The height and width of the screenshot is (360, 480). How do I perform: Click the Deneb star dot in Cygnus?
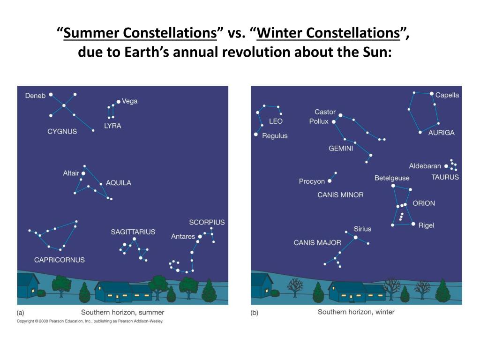tap(51, 95)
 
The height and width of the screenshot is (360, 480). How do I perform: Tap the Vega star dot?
tap(118, 101)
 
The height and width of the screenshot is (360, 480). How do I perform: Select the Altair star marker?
tap(83, 173)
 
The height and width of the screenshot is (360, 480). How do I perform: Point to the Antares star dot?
tap(199, 237)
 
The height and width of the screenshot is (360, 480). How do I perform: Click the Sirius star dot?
tap(355, 238)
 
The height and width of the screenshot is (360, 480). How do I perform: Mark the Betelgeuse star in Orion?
tap(393, 186)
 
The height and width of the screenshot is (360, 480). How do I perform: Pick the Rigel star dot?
tap(413, 224)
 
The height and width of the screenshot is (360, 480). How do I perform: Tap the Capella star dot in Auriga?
tap(432, 94)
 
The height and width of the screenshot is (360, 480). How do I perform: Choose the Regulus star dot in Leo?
tap(255, 135)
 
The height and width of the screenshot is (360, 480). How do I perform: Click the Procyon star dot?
tap(330, 181)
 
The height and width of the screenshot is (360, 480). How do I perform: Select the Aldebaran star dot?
tap(446, 166)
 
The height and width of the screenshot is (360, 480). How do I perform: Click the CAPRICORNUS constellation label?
tap(60, 260)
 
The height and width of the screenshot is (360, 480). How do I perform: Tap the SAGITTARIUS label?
tap(133, 232)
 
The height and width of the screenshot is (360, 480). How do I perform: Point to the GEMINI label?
tap(341, 149)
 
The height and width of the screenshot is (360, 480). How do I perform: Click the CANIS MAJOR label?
tap(317, 243)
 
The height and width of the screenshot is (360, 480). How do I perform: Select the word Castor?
tap(325, 112)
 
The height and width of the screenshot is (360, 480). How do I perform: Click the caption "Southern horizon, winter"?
tap(356, 312)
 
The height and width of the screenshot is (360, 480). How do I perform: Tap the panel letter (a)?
tap(21, 312)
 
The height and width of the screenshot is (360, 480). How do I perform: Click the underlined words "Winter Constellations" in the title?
tap(328, 33)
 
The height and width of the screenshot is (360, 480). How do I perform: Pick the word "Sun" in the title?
tap(378, 52)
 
